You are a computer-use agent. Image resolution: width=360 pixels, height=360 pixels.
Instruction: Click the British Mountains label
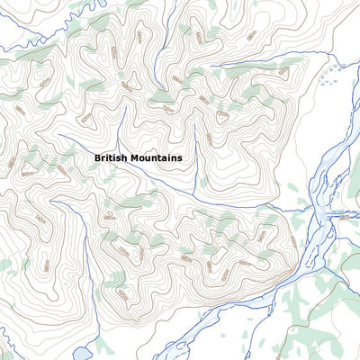coord(139,157)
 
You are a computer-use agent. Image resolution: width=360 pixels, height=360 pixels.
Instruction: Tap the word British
coord(112,157)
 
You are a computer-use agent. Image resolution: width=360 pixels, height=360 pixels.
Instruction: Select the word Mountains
coord(157,157)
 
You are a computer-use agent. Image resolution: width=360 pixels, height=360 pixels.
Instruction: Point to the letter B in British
coord(97,157)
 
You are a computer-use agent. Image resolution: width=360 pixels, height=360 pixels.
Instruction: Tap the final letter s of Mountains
coord(180,157)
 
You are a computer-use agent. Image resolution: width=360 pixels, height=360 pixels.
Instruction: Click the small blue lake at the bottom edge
coord(79,353)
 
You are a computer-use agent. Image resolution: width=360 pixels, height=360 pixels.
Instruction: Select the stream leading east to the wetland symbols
coord(270,61)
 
